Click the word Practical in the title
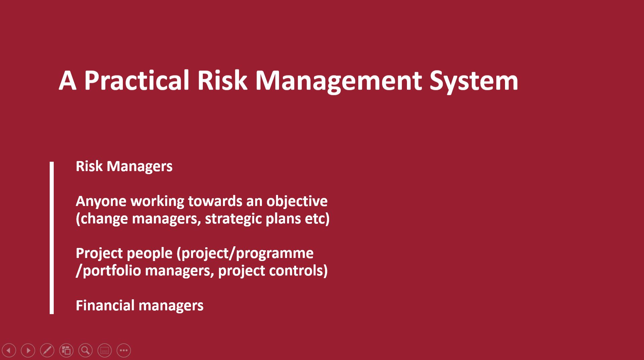[x=137, y=81]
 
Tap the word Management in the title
[x=338, y=81]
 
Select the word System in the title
[x=474, y=81]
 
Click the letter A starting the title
[x=67, y=81]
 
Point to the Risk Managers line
[x=124, y=166]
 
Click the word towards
[x=215, y=201]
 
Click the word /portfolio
[x=108, y=271]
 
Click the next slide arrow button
[x=28, y=351]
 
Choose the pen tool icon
[x=47, y=351]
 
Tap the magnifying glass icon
[x=85, y=351]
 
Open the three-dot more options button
[x=124, y=351]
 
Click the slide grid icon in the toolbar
[x=66, y=351]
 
